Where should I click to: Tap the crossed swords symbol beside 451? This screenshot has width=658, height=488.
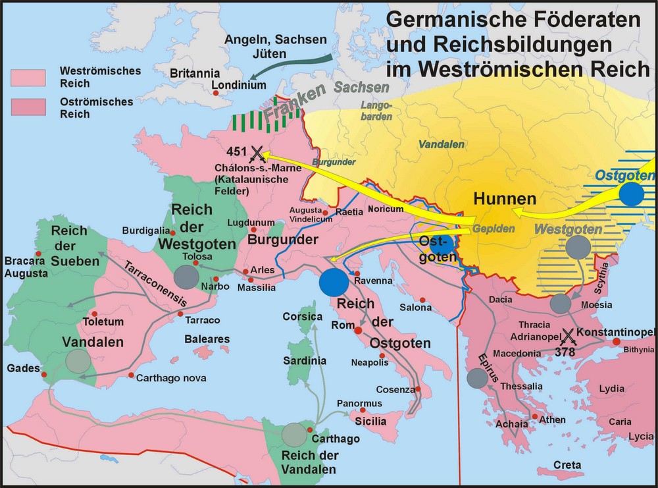[x=257, y=154]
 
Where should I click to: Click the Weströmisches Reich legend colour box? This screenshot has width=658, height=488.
[x=27, y=76]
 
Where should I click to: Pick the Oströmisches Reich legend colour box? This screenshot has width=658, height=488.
[x=27, y=107]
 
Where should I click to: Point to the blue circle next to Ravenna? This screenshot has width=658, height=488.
[x=334, y=281]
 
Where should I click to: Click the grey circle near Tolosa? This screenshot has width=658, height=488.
[x=186, y=277]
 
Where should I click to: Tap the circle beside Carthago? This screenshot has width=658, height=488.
[x=294, y=435]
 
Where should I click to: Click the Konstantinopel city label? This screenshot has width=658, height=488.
[x=619, y=330]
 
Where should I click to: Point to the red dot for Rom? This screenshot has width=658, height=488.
[x=359, y=328]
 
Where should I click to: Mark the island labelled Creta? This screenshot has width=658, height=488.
[x=567, y=465]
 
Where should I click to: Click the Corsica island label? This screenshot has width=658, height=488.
[x=302, y=317]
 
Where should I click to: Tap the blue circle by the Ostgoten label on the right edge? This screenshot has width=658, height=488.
[x=631, y=194]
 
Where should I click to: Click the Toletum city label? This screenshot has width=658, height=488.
[x=103, y=322]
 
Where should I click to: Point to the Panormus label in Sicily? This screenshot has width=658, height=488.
[x=359, y=403]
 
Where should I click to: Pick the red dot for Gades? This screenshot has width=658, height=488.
[x=44, y=376]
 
